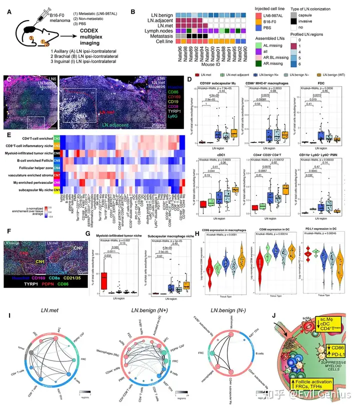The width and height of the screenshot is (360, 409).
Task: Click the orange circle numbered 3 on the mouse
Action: pyautogui.click(x=18, y=37)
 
